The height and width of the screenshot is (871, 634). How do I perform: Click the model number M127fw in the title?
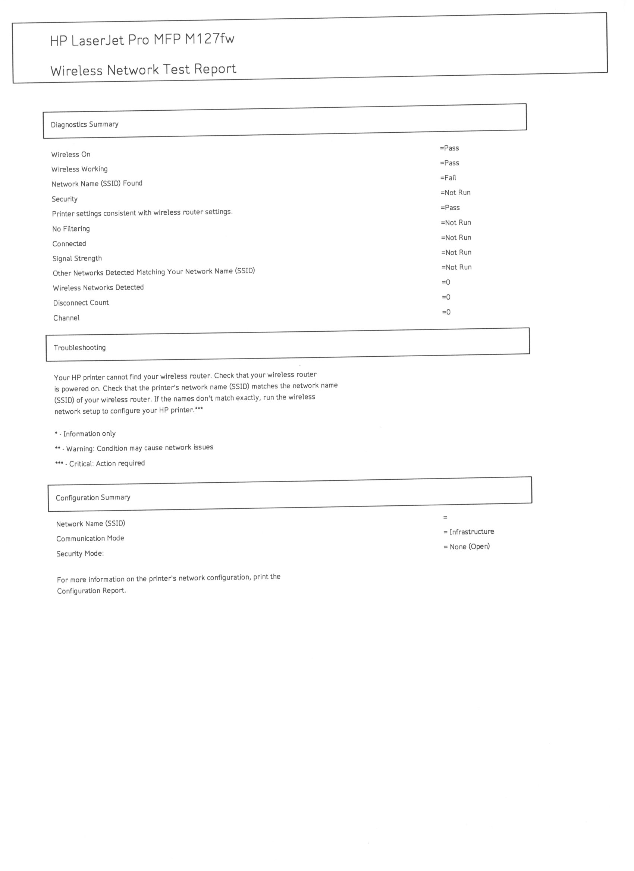[210, 39]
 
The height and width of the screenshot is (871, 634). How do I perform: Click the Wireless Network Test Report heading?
[143, 70]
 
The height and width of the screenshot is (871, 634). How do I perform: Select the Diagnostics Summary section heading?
[85, 124]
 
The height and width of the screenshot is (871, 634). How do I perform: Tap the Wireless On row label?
[71, 154]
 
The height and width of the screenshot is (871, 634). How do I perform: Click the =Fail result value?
[448, 178]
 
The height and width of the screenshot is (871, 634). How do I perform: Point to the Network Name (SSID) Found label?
[97, 184]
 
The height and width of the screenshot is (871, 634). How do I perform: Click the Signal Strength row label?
[77, 258]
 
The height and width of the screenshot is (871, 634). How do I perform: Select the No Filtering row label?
[71, 229]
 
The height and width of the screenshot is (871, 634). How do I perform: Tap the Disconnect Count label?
[81, 303]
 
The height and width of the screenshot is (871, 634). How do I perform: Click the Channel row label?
[66, 318]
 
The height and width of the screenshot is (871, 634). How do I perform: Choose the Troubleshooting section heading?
[79, 348]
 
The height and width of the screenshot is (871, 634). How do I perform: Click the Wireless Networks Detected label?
[98, 288]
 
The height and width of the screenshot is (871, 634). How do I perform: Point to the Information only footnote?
[89, 433]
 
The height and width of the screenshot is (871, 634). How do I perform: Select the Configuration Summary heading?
[93, 498]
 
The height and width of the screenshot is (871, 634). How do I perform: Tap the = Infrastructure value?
[469, 532]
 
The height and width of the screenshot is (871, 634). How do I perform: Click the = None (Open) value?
[467, 547]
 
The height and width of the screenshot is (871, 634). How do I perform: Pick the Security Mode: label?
[80, 554]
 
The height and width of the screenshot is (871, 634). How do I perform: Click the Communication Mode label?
[90, 539]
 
